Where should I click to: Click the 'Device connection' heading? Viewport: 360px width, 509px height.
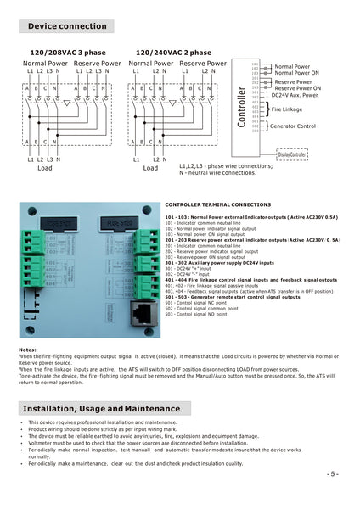(67, 26)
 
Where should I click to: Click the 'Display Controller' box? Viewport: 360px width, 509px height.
(292, 154)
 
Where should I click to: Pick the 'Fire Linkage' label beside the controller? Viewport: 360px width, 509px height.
(287, 109)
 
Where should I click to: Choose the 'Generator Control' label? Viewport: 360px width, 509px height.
(293, 126)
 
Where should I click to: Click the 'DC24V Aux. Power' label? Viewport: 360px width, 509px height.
(295, 95)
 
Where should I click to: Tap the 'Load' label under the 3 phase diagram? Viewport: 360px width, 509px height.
(45, 168)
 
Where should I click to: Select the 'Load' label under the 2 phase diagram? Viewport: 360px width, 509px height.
(150, 168)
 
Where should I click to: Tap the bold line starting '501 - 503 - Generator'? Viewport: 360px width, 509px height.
(229, 297)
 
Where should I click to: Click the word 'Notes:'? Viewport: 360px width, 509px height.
(27, 350)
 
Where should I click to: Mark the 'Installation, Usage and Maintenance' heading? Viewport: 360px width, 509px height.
(101, 409)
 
